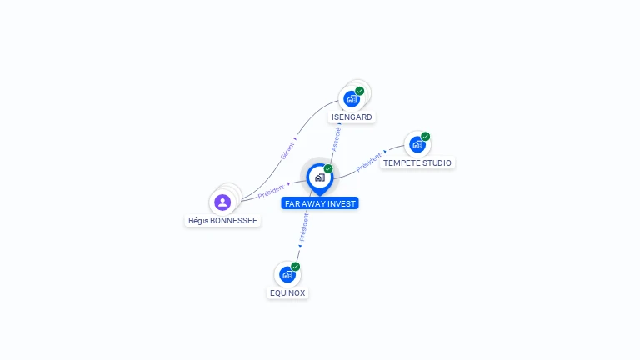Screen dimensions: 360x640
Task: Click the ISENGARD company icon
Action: (x=352, y=99)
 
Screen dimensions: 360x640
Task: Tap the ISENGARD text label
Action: (x=352, y=117)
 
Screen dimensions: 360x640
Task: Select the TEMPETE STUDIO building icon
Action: (x=417, y=144)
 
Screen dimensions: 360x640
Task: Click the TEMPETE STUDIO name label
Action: (x=417, y=163)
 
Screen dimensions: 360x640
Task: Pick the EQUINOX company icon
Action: (x=287, y=274)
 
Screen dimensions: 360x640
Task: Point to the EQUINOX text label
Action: (x=287, y=293)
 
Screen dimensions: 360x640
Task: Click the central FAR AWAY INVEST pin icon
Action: (x=319, y=177)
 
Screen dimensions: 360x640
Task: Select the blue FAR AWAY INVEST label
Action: (x=320, y=203)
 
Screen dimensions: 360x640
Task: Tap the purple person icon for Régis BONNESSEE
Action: (x=222, y=202)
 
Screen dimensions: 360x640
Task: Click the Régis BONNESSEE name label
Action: (x=222, y=221)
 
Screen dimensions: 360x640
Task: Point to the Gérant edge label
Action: (x=287, y=150)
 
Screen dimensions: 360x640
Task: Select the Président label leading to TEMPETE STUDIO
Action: (x=368, y=162)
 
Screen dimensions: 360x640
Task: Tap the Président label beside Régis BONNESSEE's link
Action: (x=271, y=191)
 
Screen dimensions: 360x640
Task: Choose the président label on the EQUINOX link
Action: (x=303, y=226)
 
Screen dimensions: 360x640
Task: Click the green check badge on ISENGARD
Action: (x=359, y=91)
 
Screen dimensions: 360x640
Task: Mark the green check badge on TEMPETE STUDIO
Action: (x=425, y=136)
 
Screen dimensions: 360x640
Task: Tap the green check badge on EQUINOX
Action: (x=295, y=267)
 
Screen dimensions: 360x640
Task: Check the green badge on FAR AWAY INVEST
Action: (x=328, y=168)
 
